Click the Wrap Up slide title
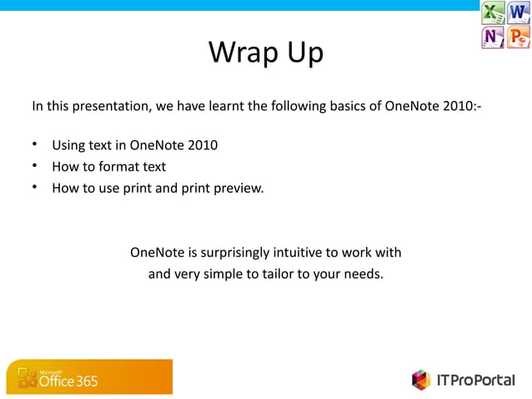point(265,53)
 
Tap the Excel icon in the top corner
point(493,13)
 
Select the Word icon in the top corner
point(519,13)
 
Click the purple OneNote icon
point(493,37)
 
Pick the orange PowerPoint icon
point(519,37)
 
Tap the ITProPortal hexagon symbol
point(420,380)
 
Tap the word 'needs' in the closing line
point(364,273)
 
